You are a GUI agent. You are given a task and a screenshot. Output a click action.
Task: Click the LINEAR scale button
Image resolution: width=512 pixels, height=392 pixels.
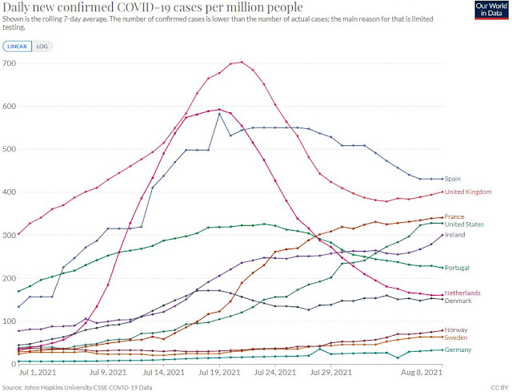(18, 46)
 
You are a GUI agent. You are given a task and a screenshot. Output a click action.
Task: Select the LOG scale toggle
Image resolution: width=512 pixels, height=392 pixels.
(42, 46)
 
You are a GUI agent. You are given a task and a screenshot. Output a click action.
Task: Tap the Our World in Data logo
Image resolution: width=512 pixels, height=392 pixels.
(491, 10)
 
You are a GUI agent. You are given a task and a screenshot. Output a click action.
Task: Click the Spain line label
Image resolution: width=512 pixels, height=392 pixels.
(453, 179)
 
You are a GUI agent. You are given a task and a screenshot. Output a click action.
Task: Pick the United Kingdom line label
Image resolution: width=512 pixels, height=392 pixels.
(468, 192)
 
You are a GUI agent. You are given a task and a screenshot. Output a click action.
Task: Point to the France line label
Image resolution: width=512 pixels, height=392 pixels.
(454, 216)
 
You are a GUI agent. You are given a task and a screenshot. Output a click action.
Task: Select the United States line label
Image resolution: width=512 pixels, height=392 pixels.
(464, 224)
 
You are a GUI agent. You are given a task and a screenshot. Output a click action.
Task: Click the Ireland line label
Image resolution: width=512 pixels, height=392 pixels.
(455, 235)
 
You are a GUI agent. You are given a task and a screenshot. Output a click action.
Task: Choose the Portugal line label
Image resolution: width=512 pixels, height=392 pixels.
(457, 268)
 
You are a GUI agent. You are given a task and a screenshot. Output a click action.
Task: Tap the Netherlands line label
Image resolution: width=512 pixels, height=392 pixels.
(462, 293)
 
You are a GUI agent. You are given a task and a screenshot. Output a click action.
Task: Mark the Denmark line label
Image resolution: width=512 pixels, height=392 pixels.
(458, 301)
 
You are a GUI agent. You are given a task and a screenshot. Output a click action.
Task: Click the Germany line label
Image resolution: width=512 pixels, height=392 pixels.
(458, 350)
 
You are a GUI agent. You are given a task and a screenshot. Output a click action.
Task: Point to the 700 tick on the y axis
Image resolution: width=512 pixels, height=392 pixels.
(9, 63)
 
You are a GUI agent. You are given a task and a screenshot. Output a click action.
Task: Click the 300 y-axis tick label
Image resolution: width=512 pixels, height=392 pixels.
(9, 235)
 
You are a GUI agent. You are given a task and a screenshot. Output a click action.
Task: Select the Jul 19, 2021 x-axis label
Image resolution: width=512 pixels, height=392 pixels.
(219, 373)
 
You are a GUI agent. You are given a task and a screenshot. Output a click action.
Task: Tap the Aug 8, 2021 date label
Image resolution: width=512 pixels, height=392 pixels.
(422, 373)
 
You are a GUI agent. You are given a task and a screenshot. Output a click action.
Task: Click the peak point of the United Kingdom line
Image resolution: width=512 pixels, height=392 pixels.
(242, 62)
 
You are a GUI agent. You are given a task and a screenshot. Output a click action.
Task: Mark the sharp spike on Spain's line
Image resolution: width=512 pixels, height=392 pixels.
(219, 114)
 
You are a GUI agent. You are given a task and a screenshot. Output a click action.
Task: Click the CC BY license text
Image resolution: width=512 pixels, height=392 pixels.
(499, 388)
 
